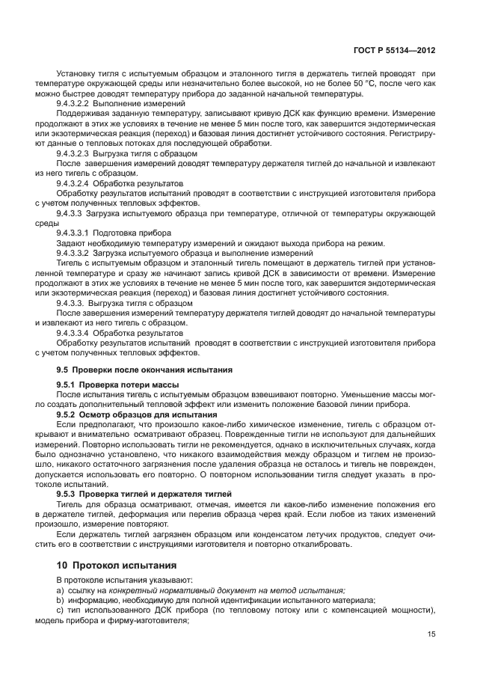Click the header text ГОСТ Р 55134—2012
point(395,50)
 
